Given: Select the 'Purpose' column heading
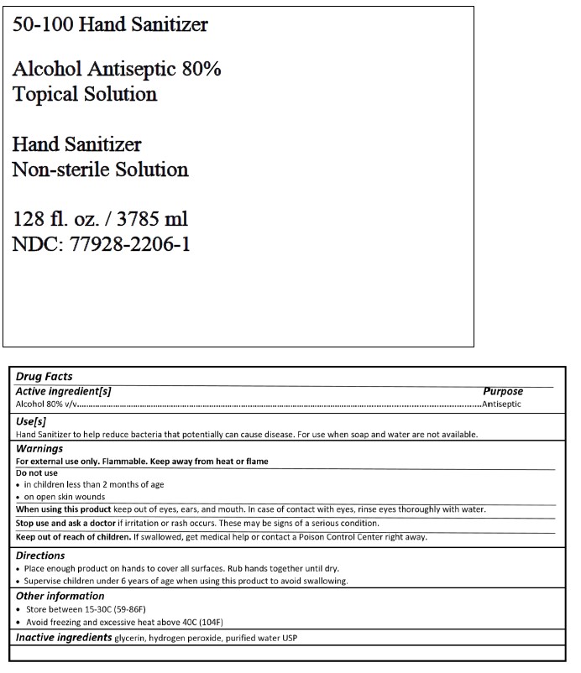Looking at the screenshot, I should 502,391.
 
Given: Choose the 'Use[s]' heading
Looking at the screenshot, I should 31,420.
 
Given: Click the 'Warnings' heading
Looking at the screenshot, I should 39,448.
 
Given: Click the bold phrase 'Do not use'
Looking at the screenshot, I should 37,472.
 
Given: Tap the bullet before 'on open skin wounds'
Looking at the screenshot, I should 18,497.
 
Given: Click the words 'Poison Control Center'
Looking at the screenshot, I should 346,536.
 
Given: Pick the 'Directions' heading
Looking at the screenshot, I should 40,556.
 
